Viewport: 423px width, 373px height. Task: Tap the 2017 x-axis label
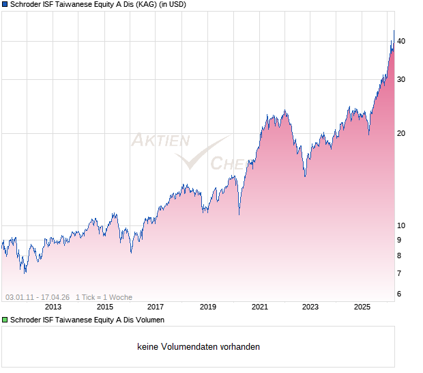[156, 307]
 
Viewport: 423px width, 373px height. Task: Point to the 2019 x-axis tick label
[207, 307]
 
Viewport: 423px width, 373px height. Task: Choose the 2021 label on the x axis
[259, 307]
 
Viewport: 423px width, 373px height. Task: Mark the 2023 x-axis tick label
[310, 307]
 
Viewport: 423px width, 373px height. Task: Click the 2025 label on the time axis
[362, 307]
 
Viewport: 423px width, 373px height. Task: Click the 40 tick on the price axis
[401, 42]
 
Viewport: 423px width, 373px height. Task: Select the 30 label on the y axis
[401, 80]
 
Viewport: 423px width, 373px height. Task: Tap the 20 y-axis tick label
[401, 133]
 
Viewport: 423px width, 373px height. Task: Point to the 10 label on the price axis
[401, 226]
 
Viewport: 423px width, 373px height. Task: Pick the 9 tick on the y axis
[399, 240]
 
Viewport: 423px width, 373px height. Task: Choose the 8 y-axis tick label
[399, 255]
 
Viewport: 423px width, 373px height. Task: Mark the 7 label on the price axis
[399, 273]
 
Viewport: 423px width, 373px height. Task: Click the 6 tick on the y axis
[399, 294]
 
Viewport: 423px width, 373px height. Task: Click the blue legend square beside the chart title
[5, 5]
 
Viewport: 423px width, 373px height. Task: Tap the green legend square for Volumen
[5, 320]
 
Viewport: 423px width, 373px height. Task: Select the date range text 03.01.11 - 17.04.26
[38, 297]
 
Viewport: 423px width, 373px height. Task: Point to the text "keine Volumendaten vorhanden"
[199, 347]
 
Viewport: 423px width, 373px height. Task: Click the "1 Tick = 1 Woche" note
[104, 297]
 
